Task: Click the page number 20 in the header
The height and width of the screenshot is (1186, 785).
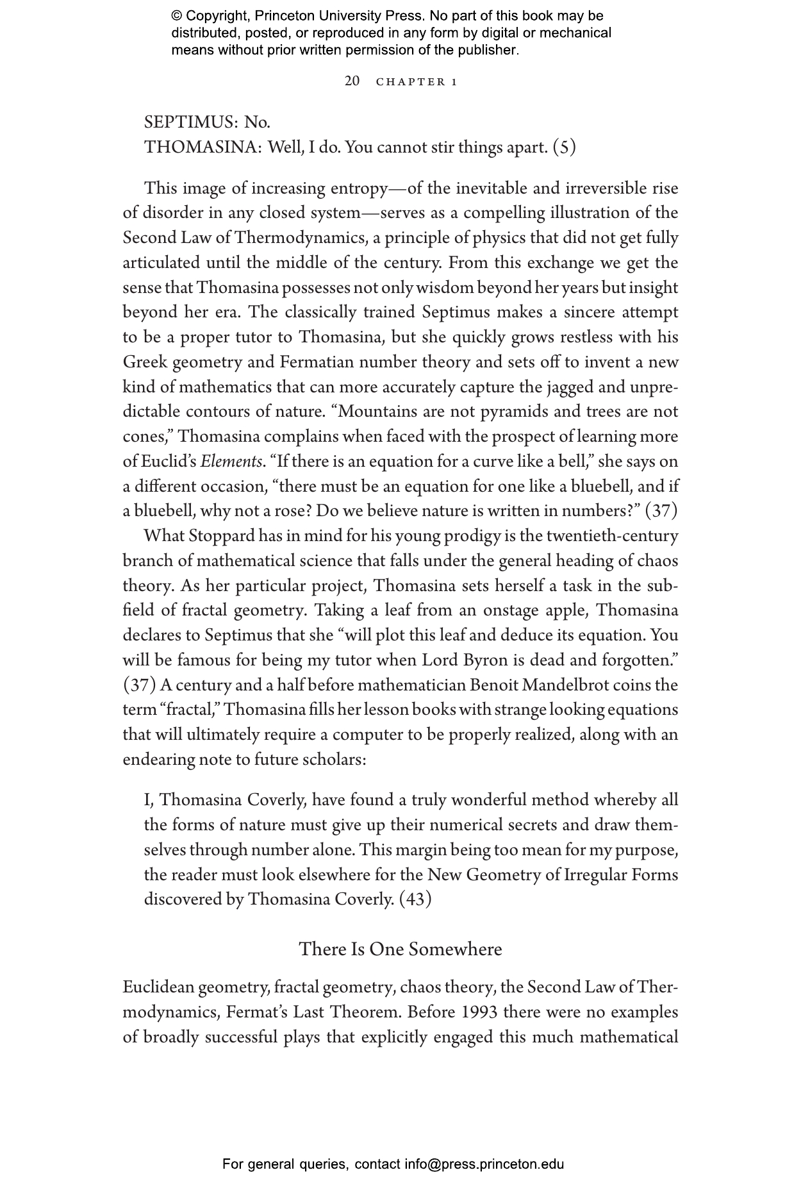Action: [352, 81]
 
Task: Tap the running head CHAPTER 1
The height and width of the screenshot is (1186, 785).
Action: [417, 82]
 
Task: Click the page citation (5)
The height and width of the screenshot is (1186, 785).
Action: [565, 147]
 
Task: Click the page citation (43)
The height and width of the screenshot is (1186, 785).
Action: [415, 899]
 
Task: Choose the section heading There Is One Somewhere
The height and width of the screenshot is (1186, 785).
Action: [401, 949]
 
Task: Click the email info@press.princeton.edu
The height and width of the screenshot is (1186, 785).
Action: [484, 1164]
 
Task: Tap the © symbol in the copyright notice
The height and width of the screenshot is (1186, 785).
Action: [177, 16]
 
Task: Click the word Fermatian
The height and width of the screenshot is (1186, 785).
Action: [317, 362]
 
